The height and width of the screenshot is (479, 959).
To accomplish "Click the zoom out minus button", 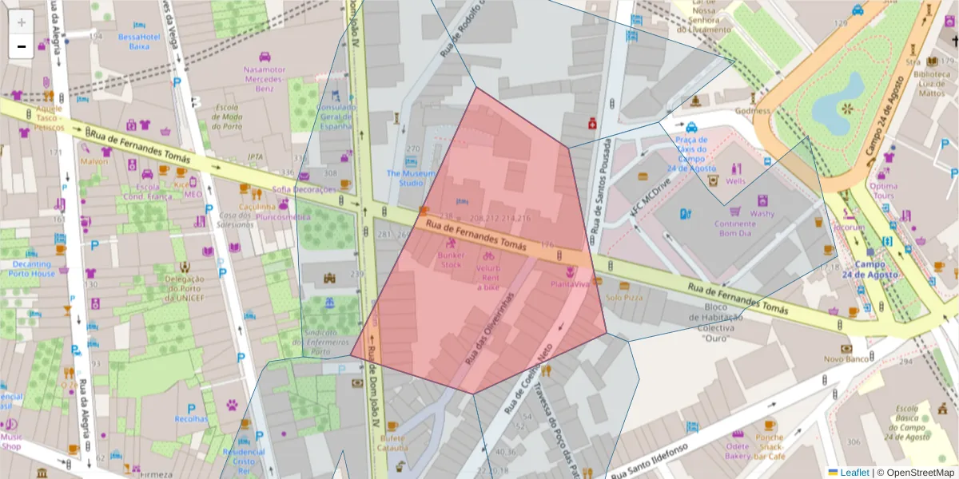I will click(22, 46).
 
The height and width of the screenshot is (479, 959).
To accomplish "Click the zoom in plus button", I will click(22, 22).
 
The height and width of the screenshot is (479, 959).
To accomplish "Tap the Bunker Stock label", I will click(451, 259).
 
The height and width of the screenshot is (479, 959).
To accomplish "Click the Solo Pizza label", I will click(624, 297).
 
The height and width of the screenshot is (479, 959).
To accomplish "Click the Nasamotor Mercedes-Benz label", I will click(265, 78).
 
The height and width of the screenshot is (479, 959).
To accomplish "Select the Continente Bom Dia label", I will click(734, 228).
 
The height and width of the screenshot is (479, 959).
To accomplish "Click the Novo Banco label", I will click(846, 359).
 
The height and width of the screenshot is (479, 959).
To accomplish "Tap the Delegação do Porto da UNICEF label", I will click(185, 288).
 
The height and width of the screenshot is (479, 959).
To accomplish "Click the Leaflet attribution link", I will click(854, 473).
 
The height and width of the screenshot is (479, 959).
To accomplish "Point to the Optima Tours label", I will click(883, 191).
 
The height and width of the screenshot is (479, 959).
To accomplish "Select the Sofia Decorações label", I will click(304, 189).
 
